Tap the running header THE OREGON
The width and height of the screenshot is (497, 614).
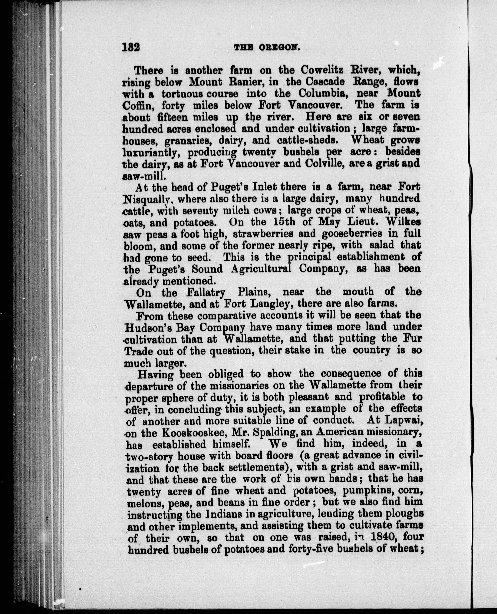coord(267,48)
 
